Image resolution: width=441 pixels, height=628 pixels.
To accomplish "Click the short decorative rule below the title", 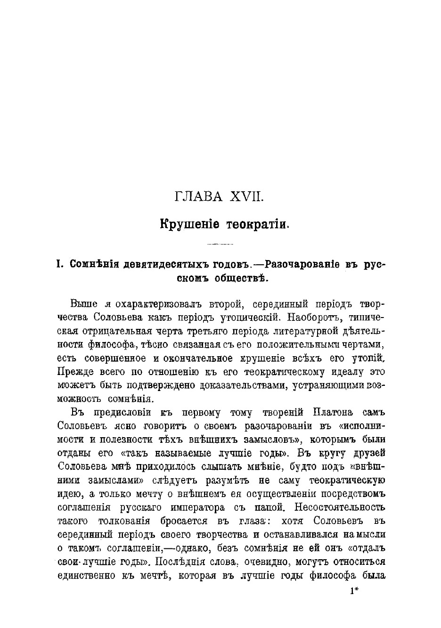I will [x=220, y=244].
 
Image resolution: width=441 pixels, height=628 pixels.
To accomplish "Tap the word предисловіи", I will [x=125, y=413].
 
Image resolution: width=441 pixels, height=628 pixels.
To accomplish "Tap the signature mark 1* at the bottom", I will [x=355, y=591].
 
